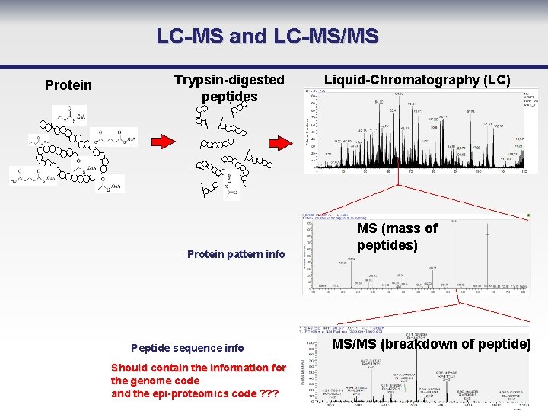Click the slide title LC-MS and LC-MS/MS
[x=267, y=36]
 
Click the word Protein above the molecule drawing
[x=68, y=84]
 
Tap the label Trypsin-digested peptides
[x=229, y=88]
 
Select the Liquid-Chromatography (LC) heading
[x=417, y=79]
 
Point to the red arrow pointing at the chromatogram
[x=281, y=141]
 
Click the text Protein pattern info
[x=236, y=254]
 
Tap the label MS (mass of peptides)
[x=397, y=237]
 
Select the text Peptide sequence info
[x=187, y=348]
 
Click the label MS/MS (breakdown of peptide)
[x=432, y=343]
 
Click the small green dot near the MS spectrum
[x=529, y=216]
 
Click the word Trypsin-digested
[x=229, y=79]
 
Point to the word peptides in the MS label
[x=387, y=245]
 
